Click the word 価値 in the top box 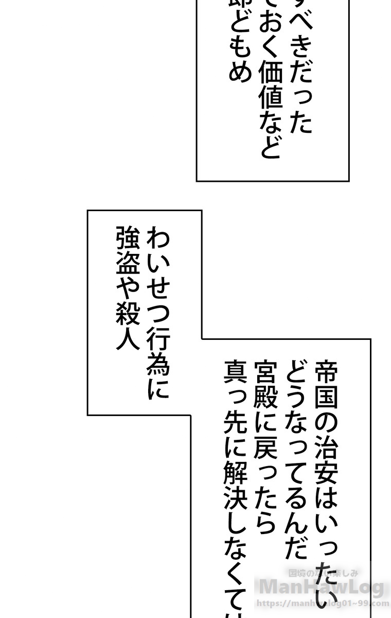(x=270, y=87)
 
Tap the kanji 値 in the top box (x=270, y=100)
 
